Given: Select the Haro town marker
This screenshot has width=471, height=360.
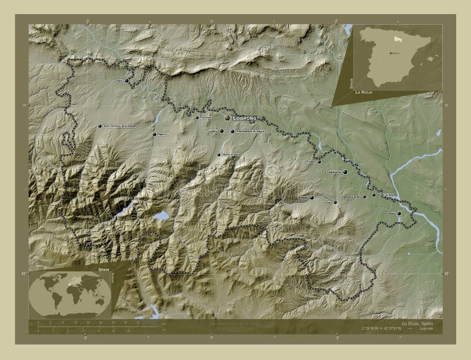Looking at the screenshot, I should [x=126, y=81].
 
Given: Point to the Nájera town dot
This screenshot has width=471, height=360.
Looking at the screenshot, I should [x=154, y=135].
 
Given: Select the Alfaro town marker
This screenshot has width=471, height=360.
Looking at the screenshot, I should [x=399, y=214].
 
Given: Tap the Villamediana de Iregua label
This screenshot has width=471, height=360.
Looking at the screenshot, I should [x=250, y=132].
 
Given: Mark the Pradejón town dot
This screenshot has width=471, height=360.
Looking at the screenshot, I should [x=320, y=162].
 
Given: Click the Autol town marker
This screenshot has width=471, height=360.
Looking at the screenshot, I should [x=335, y=202].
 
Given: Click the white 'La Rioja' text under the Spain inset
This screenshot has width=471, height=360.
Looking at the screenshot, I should [x=363, y=93].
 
